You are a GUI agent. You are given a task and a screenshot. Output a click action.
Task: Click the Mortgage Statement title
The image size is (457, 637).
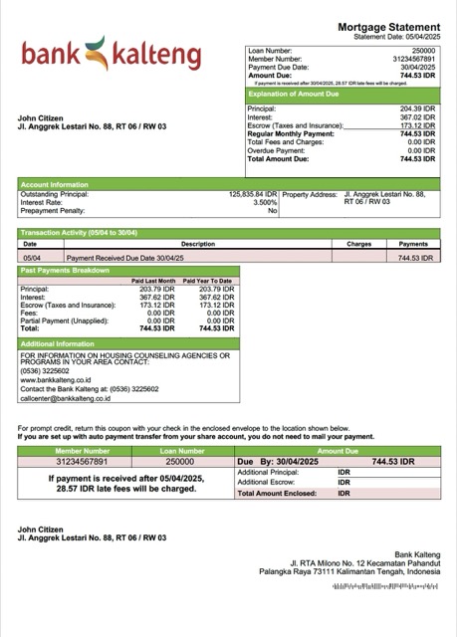click(x=388, y=27)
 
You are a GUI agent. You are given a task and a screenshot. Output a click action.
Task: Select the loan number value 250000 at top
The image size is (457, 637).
click(x=423, y=50)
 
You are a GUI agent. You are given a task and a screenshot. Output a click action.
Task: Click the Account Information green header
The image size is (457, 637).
click(x=55, y=184)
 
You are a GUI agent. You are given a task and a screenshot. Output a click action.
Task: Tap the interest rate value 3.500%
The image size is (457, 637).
click(x=265, y=203)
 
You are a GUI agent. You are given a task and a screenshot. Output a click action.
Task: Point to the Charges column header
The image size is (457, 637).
click(x=358, y=243)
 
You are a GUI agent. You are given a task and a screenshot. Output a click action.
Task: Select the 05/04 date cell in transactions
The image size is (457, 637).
click(x=31, y=257)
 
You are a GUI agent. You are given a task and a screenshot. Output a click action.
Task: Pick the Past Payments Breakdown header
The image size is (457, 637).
click(x=65, y=270)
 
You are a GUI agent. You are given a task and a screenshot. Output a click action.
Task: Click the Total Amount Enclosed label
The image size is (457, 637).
click(x=280, y=493)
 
